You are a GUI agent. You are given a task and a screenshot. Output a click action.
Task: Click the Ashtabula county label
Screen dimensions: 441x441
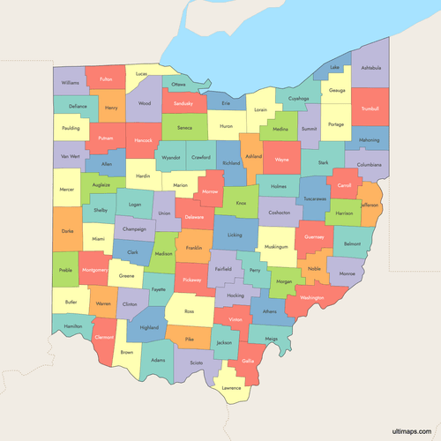click(x=371, y=68)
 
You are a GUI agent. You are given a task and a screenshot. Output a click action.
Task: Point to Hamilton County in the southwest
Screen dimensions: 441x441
click(x=72, y=326)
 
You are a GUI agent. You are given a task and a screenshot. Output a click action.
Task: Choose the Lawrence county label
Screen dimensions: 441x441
click(x=231, y=387)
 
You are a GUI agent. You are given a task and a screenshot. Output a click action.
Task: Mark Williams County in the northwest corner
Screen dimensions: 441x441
click(x=71, y=82)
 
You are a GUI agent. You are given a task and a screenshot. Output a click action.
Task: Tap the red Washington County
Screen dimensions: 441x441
click(x=311, y=298)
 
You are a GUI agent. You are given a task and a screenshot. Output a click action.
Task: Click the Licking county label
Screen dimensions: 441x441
click(x=234, y=235)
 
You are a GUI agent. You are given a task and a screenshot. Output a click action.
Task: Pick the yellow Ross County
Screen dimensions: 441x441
click(x=189, y=311)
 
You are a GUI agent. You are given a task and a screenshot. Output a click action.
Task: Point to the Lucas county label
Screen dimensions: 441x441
click(x=141, y=74)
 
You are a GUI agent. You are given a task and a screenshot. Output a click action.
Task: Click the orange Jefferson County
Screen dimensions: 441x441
click(x=370, y=205)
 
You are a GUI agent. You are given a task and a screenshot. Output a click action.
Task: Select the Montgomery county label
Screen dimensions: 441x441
click(x=94, y=270)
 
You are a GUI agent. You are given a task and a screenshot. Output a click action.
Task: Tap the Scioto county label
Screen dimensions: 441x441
click(x=196, y=363)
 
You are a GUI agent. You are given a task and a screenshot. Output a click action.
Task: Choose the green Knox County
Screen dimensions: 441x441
click(x=240, y=202)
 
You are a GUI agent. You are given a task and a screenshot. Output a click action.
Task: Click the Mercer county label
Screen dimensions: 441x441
click(x=67, y=189)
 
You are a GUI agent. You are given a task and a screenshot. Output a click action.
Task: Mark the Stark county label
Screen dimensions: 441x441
click(x=323, y=162)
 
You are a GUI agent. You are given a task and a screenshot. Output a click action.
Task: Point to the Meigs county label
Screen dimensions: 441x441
click(x=271, y=338)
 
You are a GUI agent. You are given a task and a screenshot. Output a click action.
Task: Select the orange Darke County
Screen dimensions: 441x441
click(x=67, y=230)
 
